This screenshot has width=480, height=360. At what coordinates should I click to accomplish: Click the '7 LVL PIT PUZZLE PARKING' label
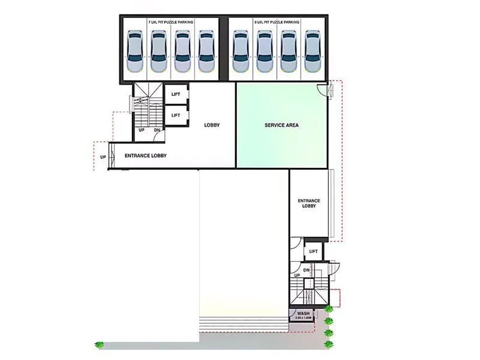point(170,22)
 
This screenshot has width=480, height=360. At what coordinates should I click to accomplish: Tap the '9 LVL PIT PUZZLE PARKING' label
point(277,22)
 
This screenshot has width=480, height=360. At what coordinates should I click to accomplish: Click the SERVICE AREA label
point(281,125)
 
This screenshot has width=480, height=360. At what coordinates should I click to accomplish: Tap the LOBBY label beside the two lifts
point(212,125)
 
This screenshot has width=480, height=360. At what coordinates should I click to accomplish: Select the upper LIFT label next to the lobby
point(176,95)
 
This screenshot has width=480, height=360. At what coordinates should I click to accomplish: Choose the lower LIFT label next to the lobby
point(176,115)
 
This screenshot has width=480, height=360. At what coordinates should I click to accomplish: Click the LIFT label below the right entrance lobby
point(313,251)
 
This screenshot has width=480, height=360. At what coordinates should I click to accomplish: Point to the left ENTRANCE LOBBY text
point(145,156)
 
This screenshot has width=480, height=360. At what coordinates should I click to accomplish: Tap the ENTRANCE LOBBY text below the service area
point(309,203)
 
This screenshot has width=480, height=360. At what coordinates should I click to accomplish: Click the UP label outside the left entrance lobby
point(103,157)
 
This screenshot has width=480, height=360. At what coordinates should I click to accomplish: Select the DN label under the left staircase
point(157,130)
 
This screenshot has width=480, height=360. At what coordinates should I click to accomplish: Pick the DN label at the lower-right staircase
point(306,271)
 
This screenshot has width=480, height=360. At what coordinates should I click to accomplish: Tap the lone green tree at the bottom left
point(98,345)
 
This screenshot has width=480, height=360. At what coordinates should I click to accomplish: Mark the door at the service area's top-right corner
point(323,91)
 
